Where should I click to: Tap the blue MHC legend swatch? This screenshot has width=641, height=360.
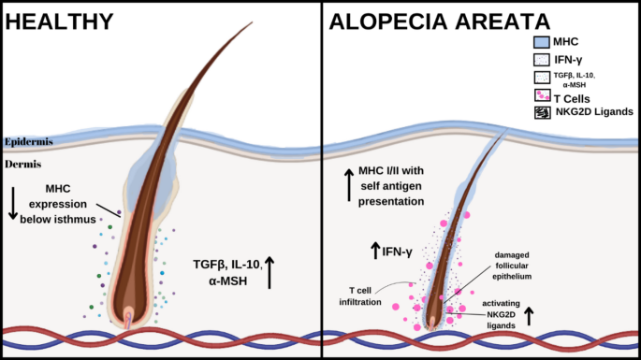tap(540, 41)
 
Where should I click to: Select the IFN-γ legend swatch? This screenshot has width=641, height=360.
tap(540, 60)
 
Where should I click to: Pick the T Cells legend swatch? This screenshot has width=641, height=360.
tap(540, 94)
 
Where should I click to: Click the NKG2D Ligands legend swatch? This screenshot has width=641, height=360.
tap(540, 112)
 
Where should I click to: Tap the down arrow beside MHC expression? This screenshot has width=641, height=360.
tap(12, 203)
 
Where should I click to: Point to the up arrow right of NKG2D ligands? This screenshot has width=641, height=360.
tap(529, 315)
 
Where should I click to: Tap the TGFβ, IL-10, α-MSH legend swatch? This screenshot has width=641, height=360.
tap(540, 78)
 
